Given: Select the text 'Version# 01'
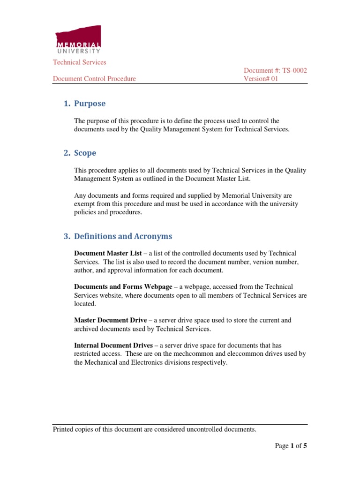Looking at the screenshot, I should pyautogui.click(x=261, y=79).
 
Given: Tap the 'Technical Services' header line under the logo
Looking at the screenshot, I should pyautogui.click(x=79, y=62).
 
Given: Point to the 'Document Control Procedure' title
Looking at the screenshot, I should pyautogui.click(x=94, y=79).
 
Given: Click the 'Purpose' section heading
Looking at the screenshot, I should pyautogui.click(x=90, y=104).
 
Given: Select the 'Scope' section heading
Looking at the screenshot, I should pyautogui.click(x=85, y=153).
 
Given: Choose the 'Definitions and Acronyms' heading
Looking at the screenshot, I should pyautogui.click(x=123, y=236).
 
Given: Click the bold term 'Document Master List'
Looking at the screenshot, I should pyautogui.click(x=108, y=253).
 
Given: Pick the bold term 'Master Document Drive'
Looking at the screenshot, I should pyautogui.click(x=110, y=320).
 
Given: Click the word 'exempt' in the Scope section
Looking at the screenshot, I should pyautogui.click(x=85, y=204).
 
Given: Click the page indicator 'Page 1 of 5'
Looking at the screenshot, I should pyautogui.click(x=291, y=446).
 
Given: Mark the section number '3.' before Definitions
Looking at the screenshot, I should pyautogui.click(x=67, y=236).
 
